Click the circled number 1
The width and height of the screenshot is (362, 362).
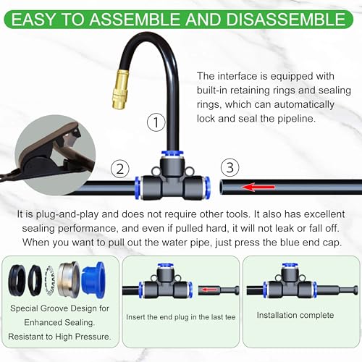tap(153, 122)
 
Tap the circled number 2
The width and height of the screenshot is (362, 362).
tap(119, 169)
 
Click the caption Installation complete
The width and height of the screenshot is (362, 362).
tap(295, 315)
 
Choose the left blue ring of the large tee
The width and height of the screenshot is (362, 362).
tap(138, 186)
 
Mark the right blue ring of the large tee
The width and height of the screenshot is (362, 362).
tap(207, 186)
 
